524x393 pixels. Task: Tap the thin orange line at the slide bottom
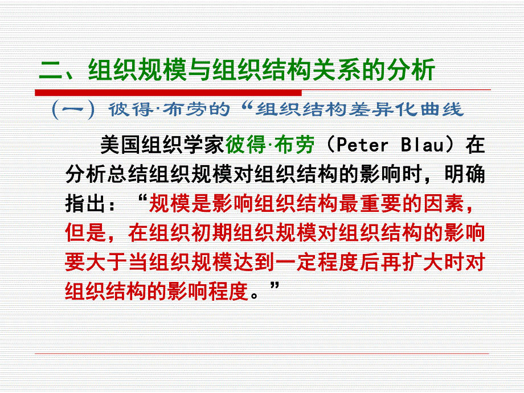(x=262, y=354)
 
